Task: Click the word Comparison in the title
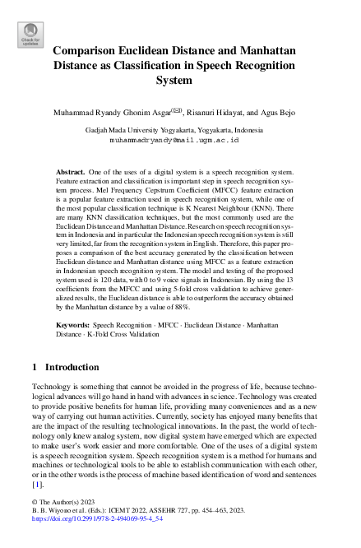click(91, 50)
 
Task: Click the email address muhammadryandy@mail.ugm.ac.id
click(179, 141)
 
